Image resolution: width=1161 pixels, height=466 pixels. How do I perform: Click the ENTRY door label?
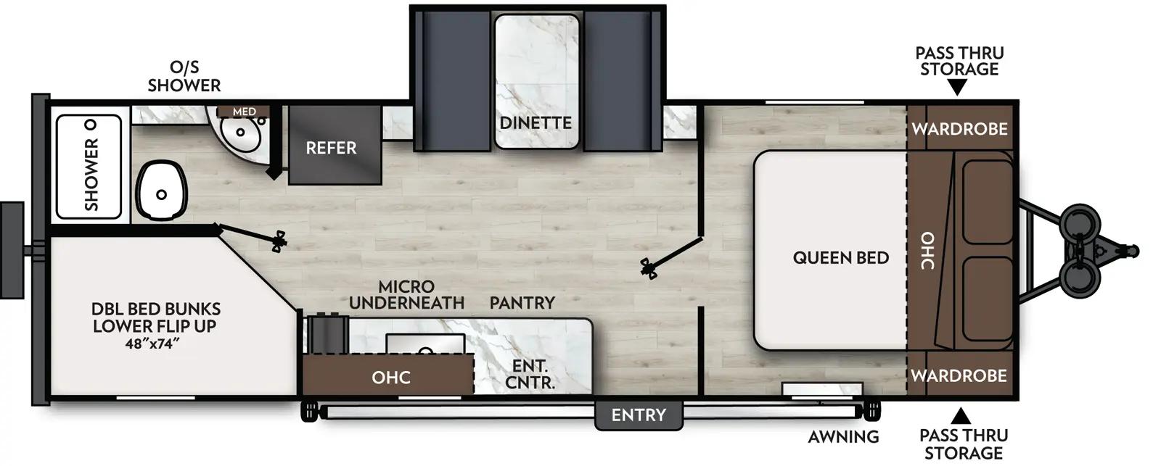(639, 415)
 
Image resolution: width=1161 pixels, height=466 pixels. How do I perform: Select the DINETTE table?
(537, 81)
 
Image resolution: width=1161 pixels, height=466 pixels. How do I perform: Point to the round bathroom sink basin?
(240, 133)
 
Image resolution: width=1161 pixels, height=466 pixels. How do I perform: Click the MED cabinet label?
(244, 112)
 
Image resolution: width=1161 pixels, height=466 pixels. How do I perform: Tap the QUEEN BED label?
(840, 257)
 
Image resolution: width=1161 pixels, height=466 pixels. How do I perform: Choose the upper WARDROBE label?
(959, 129)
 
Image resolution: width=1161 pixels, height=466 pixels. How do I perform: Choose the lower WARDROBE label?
(959, 375)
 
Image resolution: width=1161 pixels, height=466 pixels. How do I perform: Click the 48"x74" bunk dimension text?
(152, 344)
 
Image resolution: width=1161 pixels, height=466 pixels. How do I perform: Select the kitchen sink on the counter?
(425, 346)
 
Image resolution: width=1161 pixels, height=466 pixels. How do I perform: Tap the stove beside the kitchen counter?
(327, 334)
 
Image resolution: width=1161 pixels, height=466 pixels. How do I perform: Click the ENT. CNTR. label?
(529, 375)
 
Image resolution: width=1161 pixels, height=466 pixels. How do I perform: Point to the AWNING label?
(843, 436)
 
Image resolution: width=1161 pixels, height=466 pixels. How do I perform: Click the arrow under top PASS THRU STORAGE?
(958, 88)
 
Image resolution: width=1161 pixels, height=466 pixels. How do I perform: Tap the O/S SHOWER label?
(184, 76)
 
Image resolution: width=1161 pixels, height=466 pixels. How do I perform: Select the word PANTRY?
(522, 302)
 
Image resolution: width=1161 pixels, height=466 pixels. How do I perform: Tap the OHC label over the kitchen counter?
(391, 377)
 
